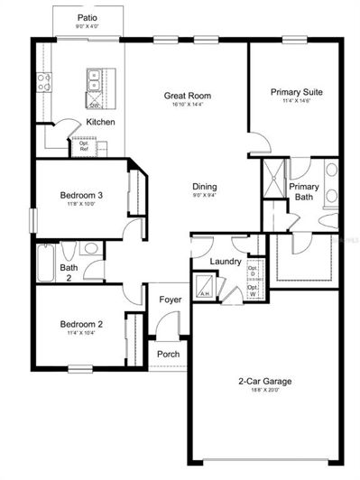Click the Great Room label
pos(187,95)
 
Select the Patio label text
pos(88,17)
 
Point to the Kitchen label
pos(99,122)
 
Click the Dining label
pos(205,188)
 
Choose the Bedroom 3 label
pos(81,196)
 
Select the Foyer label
pos(170,300)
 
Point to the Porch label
pos(169,354)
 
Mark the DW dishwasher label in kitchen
pos(94,105)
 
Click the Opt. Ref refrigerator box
pos(84,145)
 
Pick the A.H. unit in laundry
pos(205,291)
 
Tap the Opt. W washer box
pos(253,291)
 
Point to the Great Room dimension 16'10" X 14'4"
pos(187,105)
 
